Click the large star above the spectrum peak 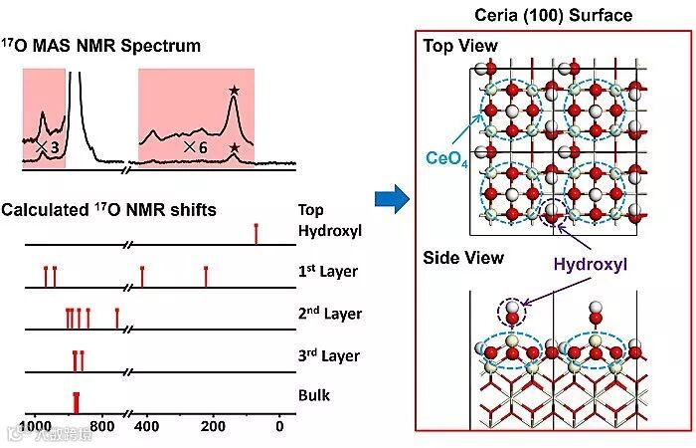[234, 92]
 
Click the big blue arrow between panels [390, 200]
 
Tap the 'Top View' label [460, 47]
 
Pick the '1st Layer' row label [328, 271]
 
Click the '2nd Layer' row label [329, 314]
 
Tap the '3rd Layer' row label [328, 355]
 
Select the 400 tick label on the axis [146, 427]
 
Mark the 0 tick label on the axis [279, 427]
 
